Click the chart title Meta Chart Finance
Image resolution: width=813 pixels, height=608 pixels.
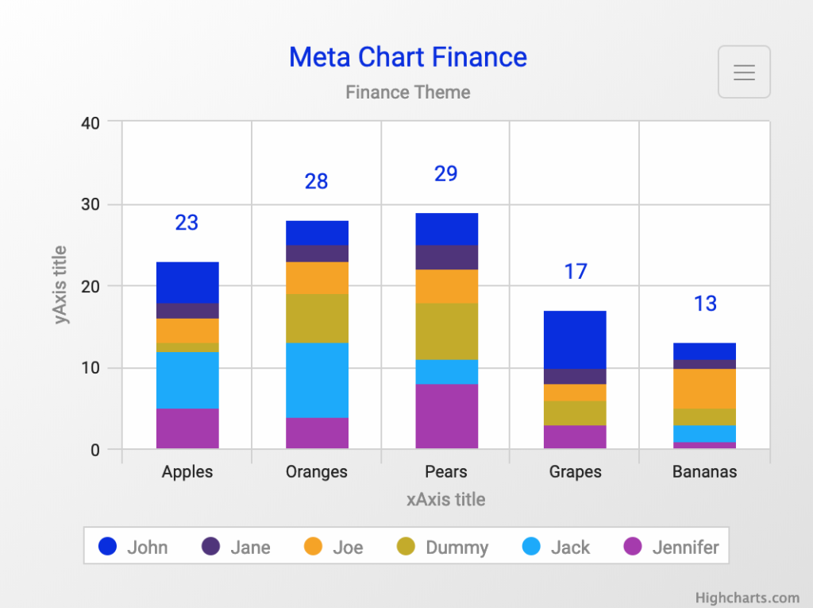[x=407, y=57]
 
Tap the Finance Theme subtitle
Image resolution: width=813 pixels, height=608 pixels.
[x=407, y=92]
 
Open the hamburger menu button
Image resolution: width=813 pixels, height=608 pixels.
[x=744, y=72]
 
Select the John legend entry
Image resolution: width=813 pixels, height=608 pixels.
[x=133, y=547]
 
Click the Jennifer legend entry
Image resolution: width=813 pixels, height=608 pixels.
[x=671, y=547]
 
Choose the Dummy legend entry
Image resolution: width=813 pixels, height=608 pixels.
[x=442, y=547]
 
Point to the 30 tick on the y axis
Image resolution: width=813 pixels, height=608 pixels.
[x=90, y=204]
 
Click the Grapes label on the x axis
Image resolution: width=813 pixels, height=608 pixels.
[x=575, y=471]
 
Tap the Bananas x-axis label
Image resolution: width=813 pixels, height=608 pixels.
[x=704, y=471]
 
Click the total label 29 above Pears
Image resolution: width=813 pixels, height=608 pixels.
[x=445, y=173]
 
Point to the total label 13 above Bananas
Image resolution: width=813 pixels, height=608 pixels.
[x=704, y=304]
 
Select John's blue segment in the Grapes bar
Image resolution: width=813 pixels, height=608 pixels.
[x=575, y=339]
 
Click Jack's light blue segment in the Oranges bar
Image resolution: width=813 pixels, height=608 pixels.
[x=317, y=380]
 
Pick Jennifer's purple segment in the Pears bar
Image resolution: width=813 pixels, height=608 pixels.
[x=446, y=416]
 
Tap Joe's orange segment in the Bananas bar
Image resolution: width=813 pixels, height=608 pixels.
[x=705, y=389]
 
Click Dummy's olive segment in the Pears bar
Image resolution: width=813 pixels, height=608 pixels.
[x=446, y=331]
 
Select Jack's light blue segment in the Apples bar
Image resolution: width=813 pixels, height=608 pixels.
[x=187, y=380]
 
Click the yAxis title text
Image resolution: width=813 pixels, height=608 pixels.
[x=61, y=285]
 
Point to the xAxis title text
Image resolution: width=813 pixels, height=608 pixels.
[x=445, y=499]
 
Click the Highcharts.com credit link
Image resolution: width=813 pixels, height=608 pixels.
[x=747, y=598]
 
